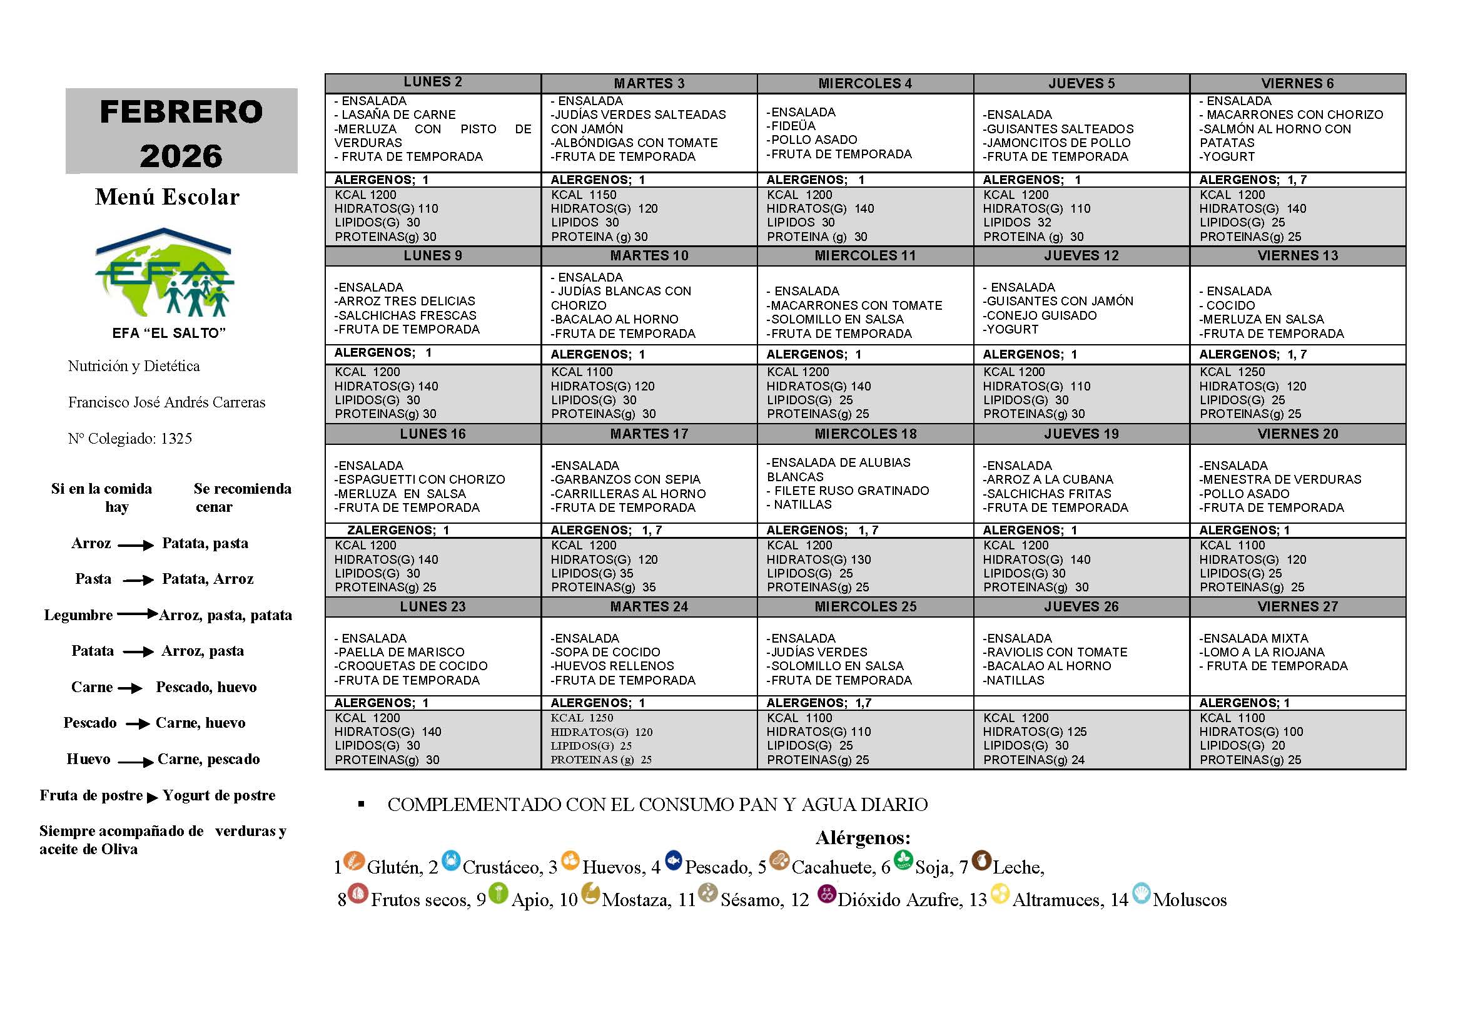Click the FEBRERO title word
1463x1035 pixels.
click(181, 112)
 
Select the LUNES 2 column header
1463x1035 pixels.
click(433, 82)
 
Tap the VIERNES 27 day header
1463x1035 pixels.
click(1297, 607)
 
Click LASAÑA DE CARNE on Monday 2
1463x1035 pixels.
click(398, 115)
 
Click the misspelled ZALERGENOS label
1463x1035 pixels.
click(391, 530)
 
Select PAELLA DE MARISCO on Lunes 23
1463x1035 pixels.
click(401, 652)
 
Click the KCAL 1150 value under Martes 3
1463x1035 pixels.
click(584, 195)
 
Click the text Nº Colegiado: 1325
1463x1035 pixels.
click(130, 439)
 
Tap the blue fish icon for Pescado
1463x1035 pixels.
click(674, 860)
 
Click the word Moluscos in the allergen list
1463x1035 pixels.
click(1189, 900)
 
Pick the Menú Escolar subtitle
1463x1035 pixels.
click(167, 197)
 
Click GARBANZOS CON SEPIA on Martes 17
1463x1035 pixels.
click(627, 479)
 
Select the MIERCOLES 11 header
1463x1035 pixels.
click(864, 256)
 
